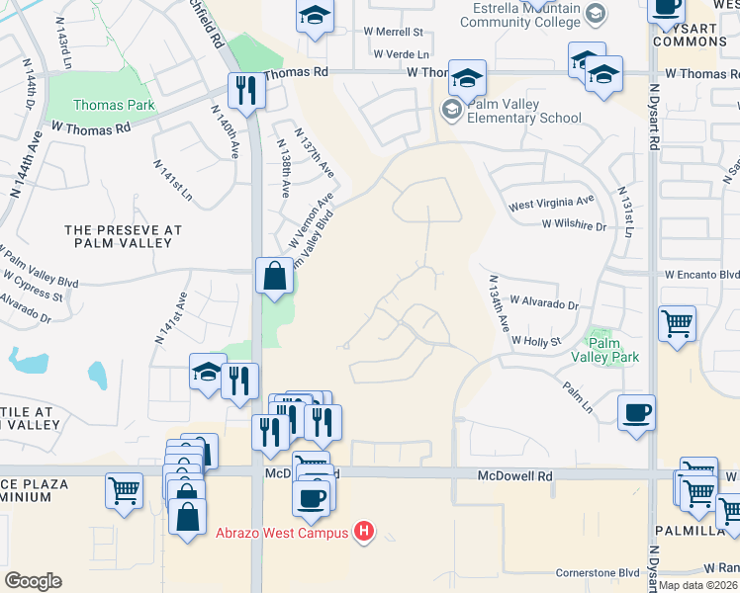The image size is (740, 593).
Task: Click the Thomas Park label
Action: click(x=113, y=105)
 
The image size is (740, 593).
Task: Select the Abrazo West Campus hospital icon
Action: click(x=364, y=533)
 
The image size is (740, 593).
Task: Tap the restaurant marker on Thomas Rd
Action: click(x=243, y=90)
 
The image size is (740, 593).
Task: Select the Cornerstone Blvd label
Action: click(x=598, y=572)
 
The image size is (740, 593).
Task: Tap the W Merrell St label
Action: click(x=392, y=33)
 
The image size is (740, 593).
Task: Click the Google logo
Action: click(x=33, y=581)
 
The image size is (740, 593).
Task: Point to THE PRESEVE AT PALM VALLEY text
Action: click(x=124, y=237)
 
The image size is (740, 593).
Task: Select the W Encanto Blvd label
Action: click(x=701, y=275)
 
